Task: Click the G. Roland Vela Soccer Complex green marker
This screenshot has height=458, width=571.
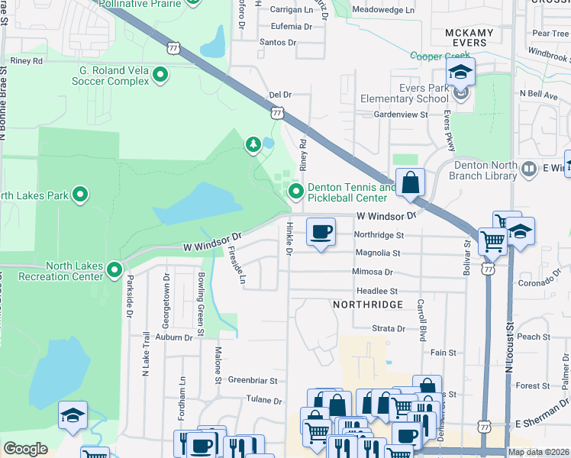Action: (x=161, y=75)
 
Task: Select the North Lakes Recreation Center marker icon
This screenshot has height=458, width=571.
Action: (x=115, y=269)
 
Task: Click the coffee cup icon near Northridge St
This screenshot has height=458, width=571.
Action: (x=321, y=231)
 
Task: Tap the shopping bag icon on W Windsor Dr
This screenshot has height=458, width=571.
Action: (x=410, y=183)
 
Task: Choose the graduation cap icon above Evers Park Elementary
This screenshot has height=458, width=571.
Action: (x=460, y=73)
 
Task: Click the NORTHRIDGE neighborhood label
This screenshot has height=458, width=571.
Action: (x=367, y=305)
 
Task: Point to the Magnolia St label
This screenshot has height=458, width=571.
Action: (x=376, y=253)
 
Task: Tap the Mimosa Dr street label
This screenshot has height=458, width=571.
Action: (x=372, y=272)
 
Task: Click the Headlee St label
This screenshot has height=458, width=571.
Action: (x=377, y=291)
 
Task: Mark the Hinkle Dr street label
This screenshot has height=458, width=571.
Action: (x=289, y=237)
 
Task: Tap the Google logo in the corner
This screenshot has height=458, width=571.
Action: (x=25, y=449)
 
